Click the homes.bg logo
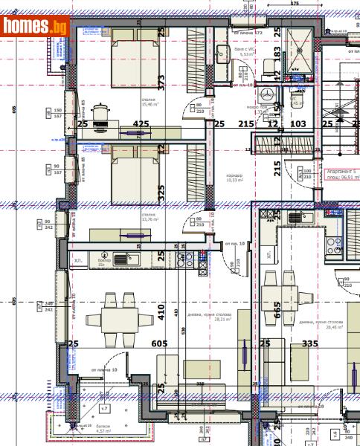[x=36, y=27]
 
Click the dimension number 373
[x=161, y=80]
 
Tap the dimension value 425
[x=141, y=124]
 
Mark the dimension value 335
[x=309, y=343]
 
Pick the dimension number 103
[x=298, y=124]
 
